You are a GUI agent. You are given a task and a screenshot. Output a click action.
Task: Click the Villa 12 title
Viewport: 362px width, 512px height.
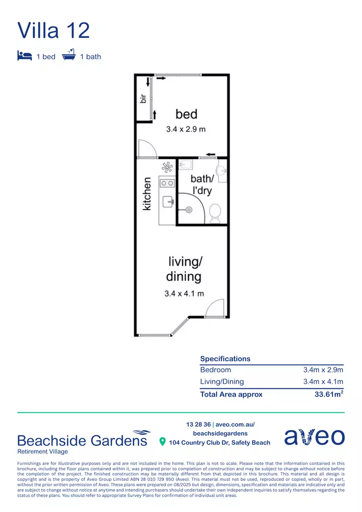[54, 30]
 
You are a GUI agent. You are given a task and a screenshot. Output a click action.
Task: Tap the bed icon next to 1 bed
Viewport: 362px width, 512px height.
[24, 56]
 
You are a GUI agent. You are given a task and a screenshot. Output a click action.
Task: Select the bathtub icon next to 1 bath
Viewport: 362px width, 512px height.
[69, 55]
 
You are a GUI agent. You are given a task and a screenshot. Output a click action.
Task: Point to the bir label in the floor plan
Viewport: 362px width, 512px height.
[142, 99]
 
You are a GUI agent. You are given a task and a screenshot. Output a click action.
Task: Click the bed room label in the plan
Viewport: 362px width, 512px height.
[186, 114]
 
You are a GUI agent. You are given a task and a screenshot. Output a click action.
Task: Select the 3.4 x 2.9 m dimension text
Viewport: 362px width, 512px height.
[186, 129]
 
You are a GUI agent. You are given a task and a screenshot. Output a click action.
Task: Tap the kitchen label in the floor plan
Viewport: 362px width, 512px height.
[147, 193]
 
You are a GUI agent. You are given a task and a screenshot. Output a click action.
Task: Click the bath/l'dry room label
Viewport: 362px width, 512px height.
[202, 185]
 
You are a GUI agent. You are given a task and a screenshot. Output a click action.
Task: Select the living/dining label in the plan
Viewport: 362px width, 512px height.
[184, 269]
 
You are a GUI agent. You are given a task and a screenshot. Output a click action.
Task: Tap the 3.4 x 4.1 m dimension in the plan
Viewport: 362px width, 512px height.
[184, 293]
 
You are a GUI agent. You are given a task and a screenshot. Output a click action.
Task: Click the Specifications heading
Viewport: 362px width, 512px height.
[225, 359]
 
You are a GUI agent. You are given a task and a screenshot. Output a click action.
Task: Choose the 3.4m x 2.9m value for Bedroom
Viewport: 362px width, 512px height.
[323, 370]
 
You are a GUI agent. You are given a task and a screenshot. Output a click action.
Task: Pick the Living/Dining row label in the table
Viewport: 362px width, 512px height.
[222, 382]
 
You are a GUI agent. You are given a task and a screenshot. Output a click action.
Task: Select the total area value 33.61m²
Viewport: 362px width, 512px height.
[329, 394]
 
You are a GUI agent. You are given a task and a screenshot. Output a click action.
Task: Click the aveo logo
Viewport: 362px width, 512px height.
[314, 437]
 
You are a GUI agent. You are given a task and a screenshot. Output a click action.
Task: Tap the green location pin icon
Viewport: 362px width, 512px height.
[163, 442]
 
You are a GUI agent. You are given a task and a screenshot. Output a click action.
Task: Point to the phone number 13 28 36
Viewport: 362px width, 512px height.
[199, 424]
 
